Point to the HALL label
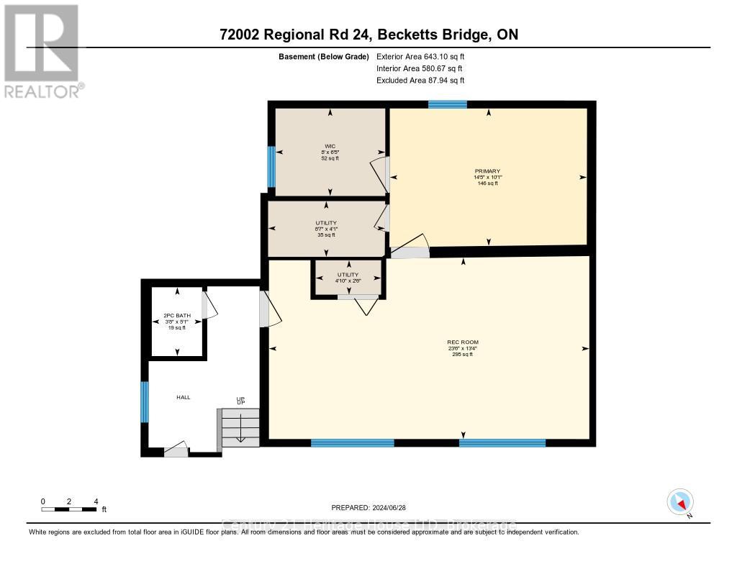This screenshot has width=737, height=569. [184, 397]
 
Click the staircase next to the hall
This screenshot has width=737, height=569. [237, 427]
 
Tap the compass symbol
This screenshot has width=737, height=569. [680, 502]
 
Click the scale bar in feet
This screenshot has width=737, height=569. [69, 509]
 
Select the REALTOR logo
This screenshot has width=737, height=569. [42, 50]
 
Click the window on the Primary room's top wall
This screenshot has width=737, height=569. [448, 104]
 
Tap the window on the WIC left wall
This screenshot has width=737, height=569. [271, 165]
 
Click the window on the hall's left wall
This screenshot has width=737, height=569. [145, 402]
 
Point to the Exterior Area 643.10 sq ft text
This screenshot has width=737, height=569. [425, 56]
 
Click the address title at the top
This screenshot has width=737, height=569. [368, 35]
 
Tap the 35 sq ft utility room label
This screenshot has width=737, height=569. [326, 229]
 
